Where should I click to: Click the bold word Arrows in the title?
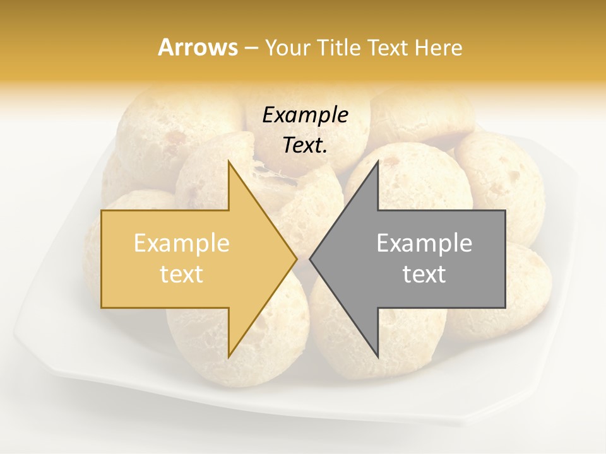coord(198,47)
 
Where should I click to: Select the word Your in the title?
coord(288,48)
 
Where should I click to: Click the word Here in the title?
coord(438,48)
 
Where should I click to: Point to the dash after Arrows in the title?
coord(251,49)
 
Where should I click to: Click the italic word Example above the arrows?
coord(305,115)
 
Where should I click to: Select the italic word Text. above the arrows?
coord(305,146)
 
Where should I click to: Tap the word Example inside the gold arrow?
coord(182,243)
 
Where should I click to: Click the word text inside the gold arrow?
coord(182,274)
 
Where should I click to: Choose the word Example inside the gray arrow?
coord(424,243)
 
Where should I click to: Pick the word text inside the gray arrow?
coord(424,274)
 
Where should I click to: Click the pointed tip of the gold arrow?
coord(296,259)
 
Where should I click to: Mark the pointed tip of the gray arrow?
coord(311,259)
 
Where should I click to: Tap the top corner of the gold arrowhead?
coord(229,161)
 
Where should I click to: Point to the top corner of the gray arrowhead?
coord(377,161)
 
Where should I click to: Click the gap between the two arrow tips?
coord(303,259)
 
